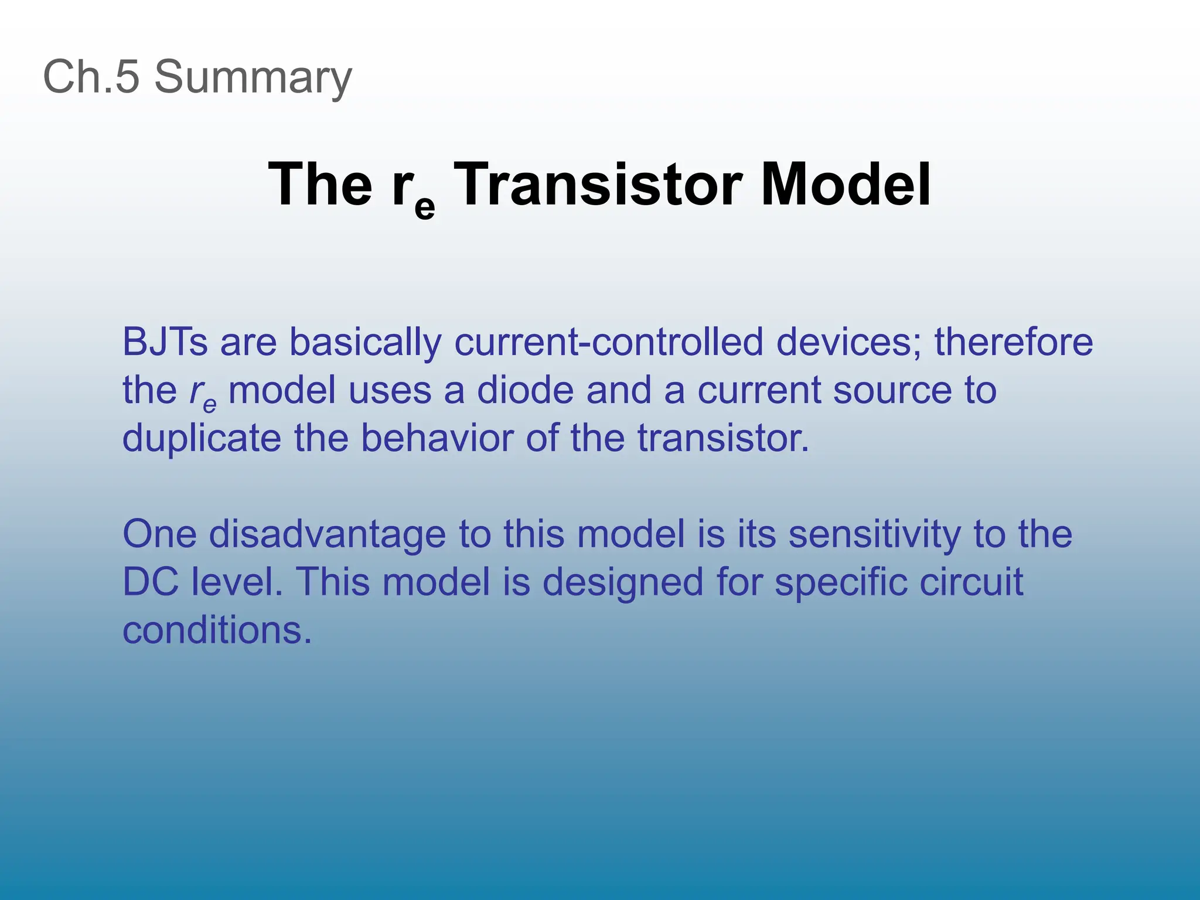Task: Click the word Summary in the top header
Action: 253,77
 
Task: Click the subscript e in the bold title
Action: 424,207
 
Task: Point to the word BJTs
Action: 165,342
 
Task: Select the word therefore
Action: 1013,342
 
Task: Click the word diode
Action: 525,390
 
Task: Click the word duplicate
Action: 202,438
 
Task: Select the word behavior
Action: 437,438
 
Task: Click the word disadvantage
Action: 327,534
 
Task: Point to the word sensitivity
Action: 874,534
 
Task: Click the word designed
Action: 622,583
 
